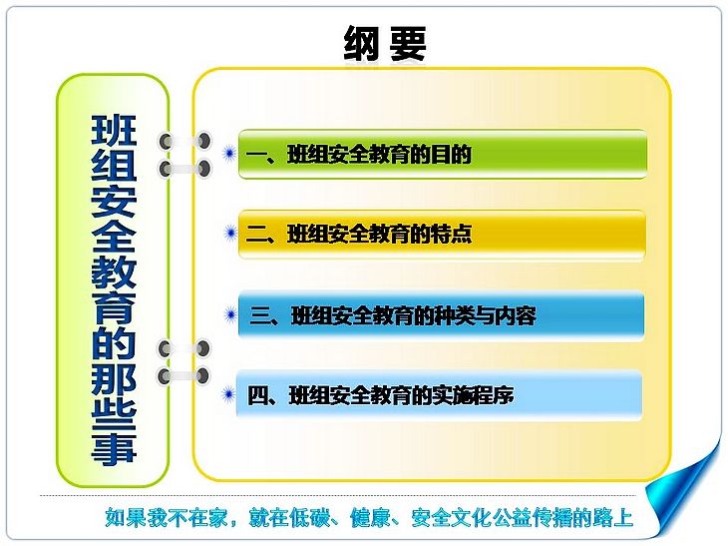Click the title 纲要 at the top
click(x=385, y=43)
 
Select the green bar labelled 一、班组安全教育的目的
click(x=443, y=155)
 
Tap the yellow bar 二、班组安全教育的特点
click(x=442, y=235)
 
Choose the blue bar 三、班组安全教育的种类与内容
click(x=441, y=315)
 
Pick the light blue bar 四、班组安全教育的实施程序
click(x=439, y=395)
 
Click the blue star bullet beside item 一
click(x=229, y=153)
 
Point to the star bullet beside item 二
click(x=230, y=233)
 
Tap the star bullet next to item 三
click(x=230, y=314)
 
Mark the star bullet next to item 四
click(x=228, y=395)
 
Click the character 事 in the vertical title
click(x=114, y=446)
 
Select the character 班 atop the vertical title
click(x=114, y=130)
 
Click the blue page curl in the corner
click(x=682, y=492)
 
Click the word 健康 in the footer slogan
click(x=371, y=517)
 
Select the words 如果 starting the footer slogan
click(x=126, y=517)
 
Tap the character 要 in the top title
click(x=408, y=43)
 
